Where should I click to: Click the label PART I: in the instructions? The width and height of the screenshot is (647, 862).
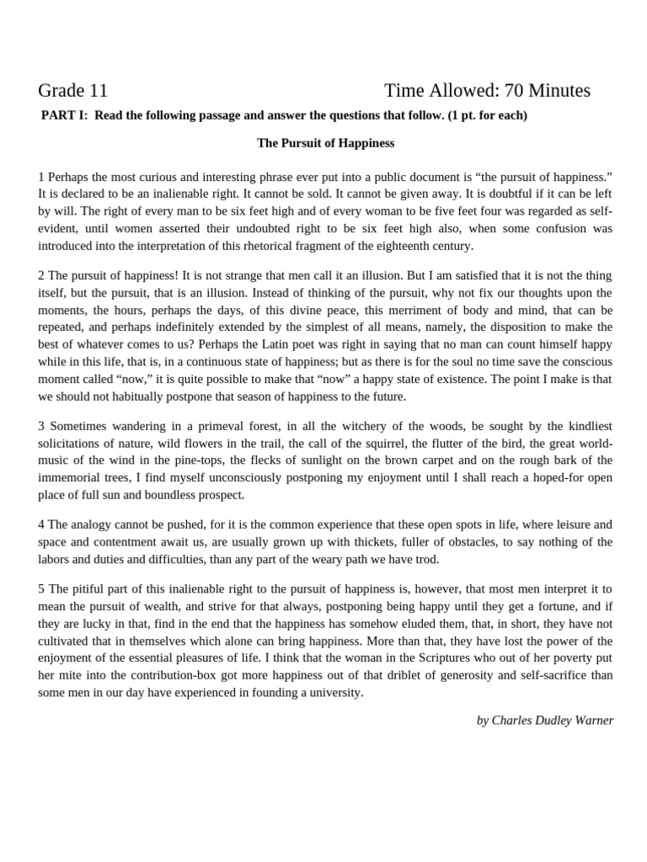[66, 115]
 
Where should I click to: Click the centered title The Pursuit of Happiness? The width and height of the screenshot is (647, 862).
[325, 143]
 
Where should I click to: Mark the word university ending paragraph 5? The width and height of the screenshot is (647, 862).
[334, 692]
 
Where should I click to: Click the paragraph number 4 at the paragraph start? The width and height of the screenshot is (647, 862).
[41, 524]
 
